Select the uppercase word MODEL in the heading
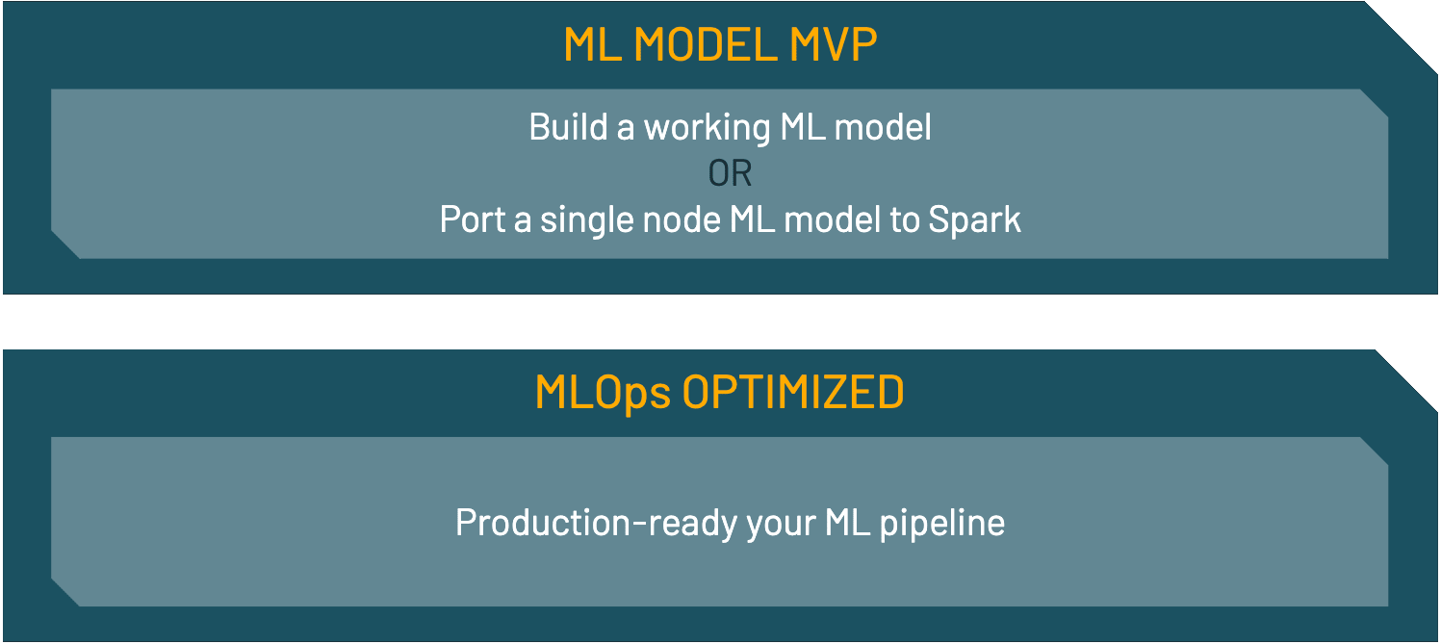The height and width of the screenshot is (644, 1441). tap(706, 44)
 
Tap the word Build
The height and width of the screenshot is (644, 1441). tap(568, 127)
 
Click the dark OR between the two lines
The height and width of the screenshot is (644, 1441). tap(731, 173)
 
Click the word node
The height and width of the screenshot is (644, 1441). tap(682, 220)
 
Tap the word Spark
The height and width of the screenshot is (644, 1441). tap(974, 220)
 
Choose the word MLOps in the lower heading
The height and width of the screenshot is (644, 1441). tap(603, 393)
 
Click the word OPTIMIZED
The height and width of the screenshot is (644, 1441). tap(793, 392)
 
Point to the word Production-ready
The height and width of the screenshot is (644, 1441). tap(597, 524)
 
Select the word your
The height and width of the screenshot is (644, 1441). tap(782, 526)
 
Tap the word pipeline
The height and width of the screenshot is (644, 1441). tap(941, 524)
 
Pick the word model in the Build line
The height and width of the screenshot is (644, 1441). tap(883, 127)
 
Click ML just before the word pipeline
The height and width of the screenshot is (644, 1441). tap(848, 523)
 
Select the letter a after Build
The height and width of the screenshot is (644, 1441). tap(626, 129)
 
